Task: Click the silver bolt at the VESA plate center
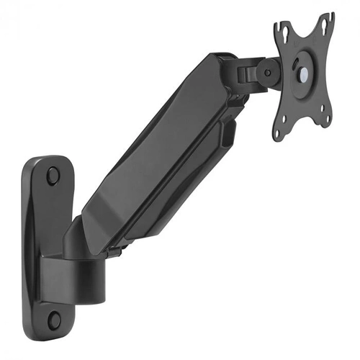pyautogui.click(x=301, y=72)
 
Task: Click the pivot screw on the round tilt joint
pyautogui.click(x=268, y=71)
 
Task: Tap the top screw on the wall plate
pyautogui.click(x=53, y=174)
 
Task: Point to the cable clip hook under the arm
pyautogui.click(x=229, y=133)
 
